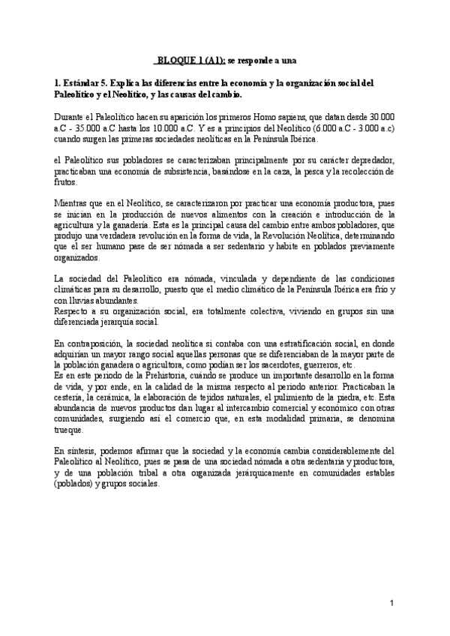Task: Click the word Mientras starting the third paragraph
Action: point(74,203)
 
